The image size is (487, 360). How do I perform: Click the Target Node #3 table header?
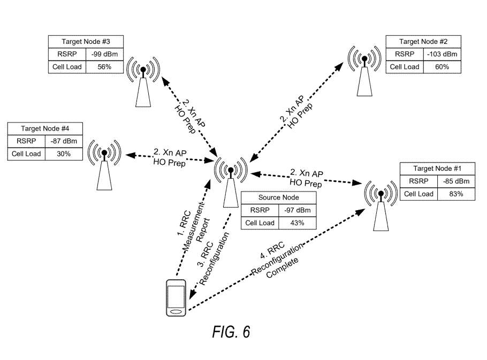tap(86, 42)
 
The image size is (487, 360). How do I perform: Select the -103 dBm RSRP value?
tap(442, 55)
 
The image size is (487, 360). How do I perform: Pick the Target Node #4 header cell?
tap(44, 129)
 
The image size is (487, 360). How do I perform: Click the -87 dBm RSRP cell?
tap(63, 142)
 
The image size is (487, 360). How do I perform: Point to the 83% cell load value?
tap(456, 194)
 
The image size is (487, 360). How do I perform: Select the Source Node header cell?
tap(278, 197)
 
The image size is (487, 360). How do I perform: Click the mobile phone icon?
tap(176, 298)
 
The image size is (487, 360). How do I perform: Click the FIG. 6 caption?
tap(231, 332)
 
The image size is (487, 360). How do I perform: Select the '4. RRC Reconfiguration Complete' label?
tap(278, 261)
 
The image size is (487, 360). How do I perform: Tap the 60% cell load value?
tap(442, 67)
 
